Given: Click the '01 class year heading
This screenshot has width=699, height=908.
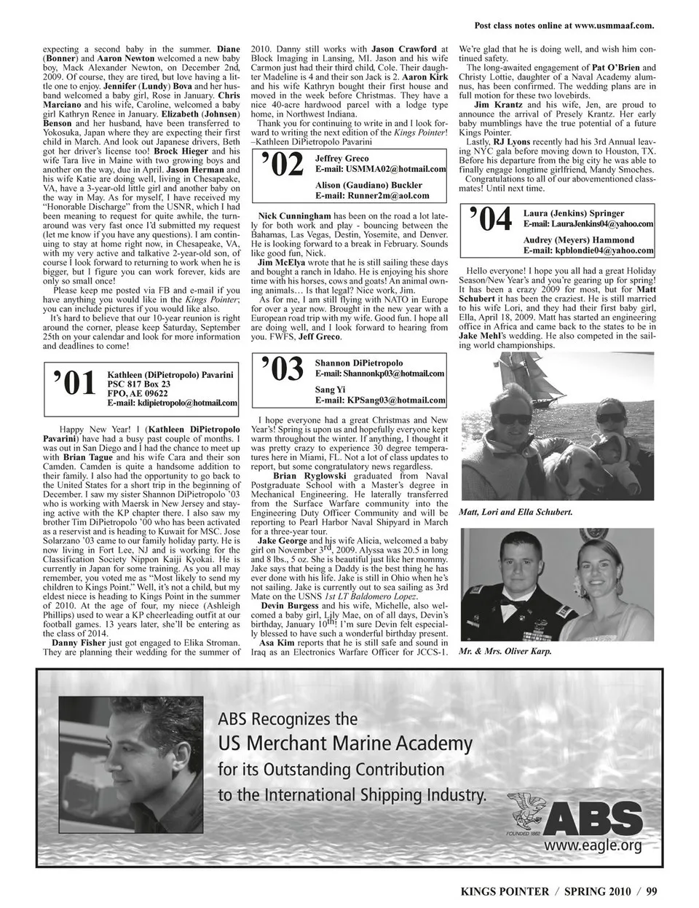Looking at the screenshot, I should pos(74,383).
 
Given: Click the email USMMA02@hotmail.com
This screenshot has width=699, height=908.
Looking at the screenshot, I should pos(381,169).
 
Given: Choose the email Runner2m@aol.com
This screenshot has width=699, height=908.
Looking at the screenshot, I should pos(372,196).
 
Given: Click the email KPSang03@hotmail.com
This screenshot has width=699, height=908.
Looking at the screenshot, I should pos(379,400).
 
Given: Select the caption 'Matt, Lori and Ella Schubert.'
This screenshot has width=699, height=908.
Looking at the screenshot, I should pos(516,512).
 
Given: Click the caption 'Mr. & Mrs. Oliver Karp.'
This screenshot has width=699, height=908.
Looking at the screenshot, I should pos(505,652).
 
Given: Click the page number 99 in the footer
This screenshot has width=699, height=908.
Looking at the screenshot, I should pos(650,890).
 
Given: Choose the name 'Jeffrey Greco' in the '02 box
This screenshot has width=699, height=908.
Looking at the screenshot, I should pos(342,159).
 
